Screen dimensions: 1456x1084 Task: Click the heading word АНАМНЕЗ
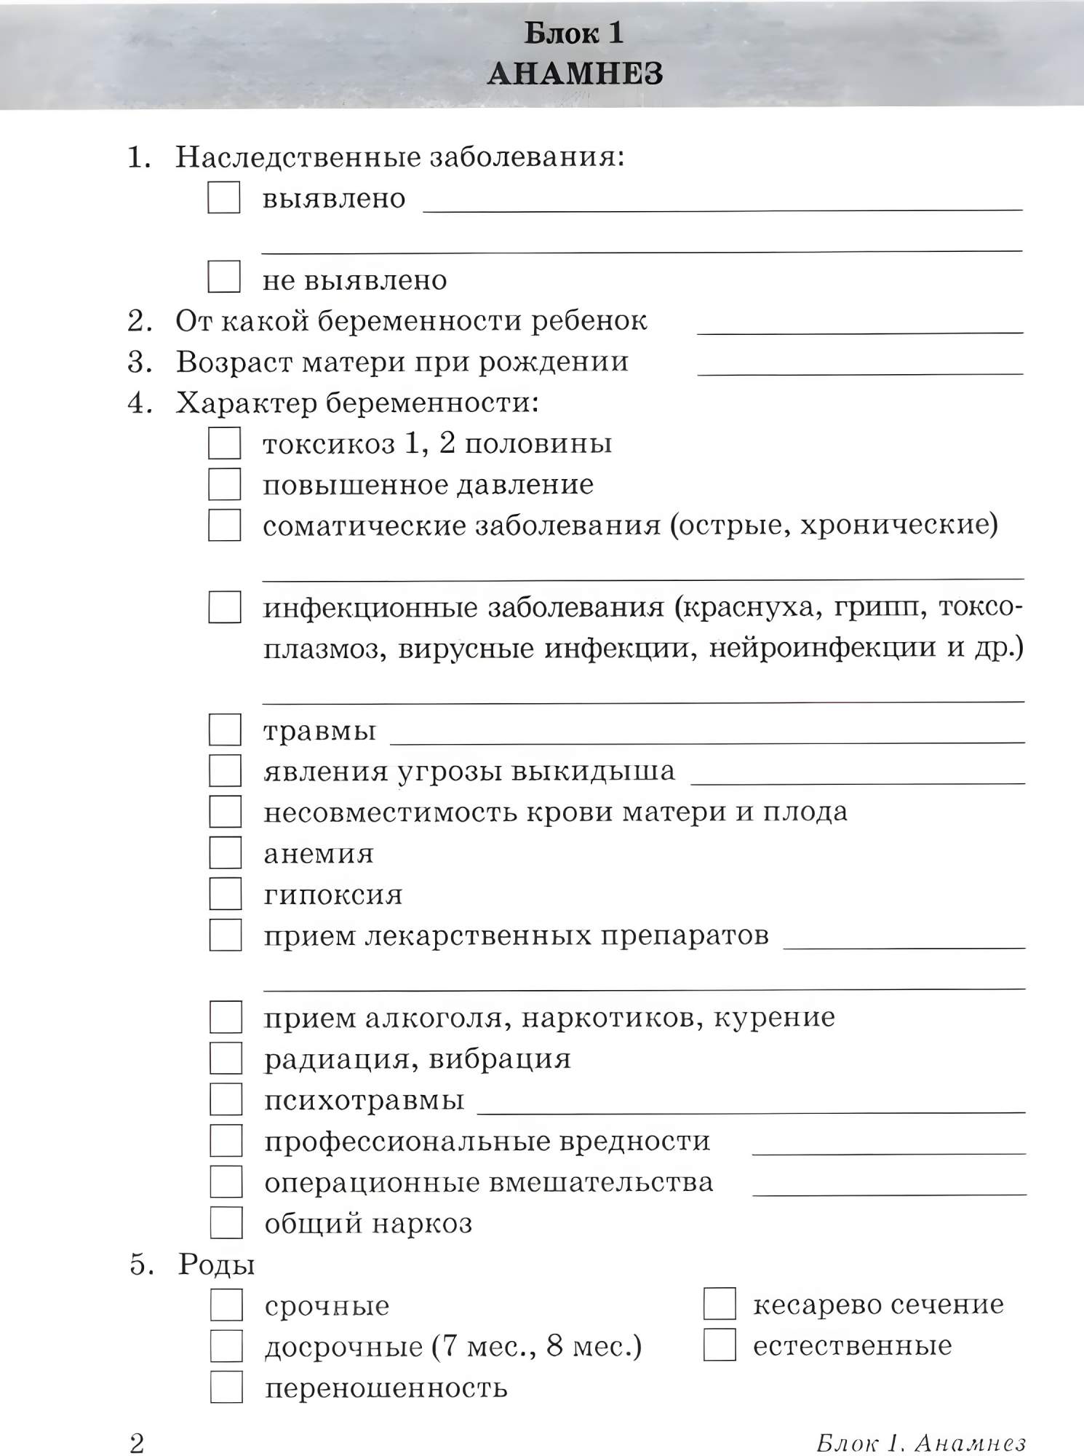[x=575, y=74]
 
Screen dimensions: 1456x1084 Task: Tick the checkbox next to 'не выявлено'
[x=224, y=277]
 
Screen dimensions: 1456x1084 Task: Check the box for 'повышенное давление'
[x=225, y=484]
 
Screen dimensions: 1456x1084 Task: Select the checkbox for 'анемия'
[x=226, y=852]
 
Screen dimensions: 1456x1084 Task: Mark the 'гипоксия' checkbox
[x=226, y=893]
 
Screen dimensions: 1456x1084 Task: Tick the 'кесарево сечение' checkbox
[x=720, y=1304]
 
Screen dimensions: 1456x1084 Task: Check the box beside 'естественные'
[x=720, y=1345]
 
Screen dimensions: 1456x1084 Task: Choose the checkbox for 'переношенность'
[x=226, y=1387]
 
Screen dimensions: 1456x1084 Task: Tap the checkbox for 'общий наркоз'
[x=226, y=1223]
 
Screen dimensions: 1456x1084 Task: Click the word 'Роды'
[x=216, y=1265]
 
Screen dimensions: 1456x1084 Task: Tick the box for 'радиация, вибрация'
[x=226, y=1059]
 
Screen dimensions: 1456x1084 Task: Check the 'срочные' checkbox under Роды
[x=226, y=1305]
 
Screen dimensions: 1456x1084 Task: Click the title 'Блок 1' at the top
[x=574, y=33]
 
